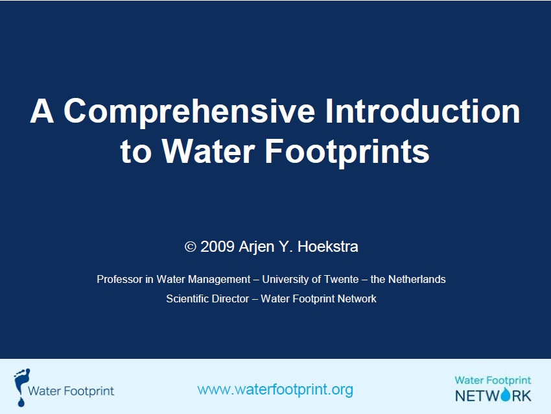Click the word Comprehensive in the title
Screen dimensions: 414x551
[x=189, y=111]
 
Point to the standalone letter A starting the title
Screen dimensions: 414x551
[x=42, y=111]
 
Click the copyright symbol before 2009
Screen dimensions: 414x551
[x=191, y=247]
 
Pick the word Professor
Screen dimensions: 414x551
[x=119, y=279]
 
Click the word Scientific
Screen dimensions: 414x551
[x=187, y=298]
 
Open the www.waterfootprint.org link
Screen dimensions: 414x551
[x=275, y=389]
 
